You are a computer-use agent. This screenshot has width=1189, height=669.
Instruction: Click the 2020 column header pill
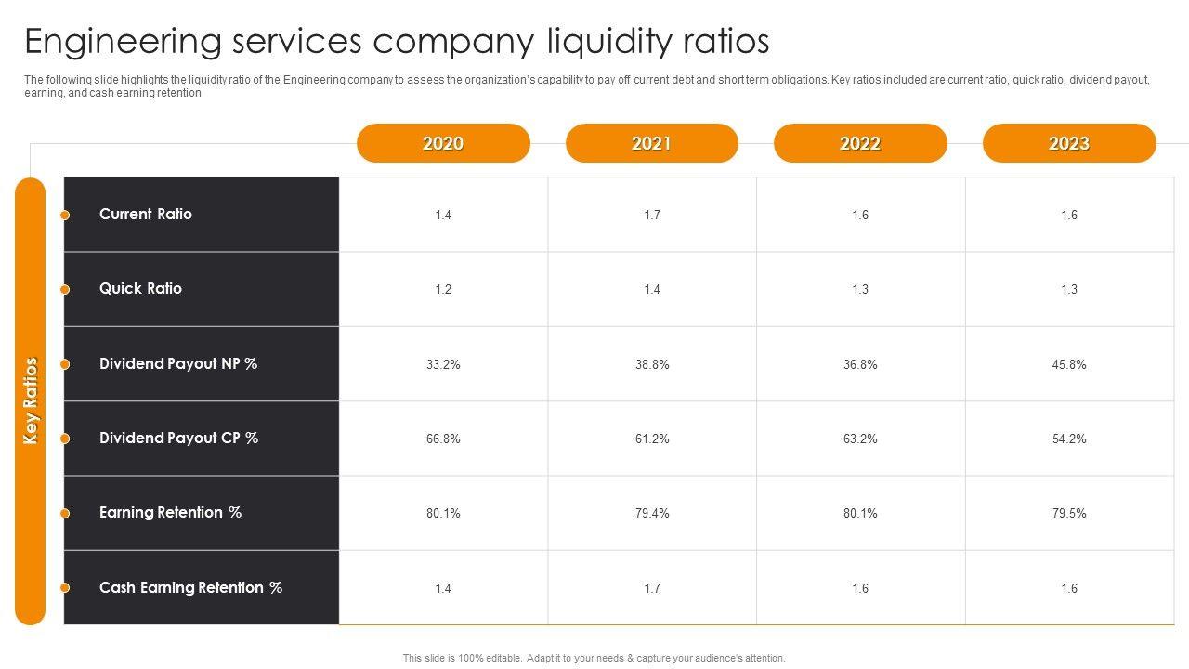[x=443, y=143]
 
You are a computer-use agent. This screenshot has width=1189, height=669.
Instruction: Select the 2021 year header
[x=651, y=143]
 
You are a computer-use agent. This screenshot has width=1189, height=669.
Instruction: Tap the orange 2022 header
[x=860, y=143]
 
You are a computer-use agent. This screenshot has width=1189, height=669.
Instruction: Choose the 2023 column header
[x=1068, y=143]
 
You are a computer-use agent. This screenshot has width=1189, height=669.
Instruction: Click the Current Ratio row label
[x=146, y=214]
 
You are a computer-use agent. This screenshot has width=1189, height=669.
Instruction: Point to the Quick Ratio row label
[x=140, y=288]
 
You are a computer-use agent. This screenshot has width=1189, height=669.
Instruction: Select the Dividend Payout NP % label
[x=178, y=363]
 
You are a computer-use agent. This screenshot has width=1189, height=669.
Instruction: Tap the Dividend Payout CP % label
[x=178, y=438]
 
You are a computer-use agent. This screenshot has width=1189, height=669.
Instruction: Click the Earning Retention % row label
[x=170, y=512]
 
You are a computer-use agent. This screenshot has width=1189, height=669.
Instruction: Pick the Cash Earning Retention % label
[x=190, y=587]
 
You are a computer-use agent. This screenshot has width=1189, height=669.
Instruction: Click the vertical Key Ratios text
[x=31, y=400]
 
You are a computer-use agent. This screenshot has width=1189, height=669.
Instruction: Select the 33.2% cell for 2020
[x=443, y=364]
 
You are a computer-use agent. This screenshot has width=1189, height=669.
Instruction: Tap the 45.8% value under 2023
[x=1069, y=364]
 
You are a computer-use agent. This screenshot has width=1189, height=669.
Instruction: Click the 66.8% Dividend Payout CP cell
[x=443, y=439]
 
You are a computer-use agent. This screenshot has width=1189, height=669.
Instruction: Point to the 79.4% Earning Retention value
[x=652, y=513]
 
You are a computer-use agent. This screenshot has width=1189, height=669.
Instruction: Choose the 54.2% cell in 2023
[x=1069, y=439]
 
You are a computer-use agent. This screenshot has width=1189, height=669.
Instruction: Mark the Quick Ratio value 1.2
[x=443, y=289]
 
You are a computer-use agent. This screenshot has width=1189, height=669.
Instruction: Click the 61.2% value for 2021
[x=652, y=439]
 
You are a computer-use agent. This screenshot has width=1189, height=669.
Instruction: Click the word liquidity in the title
[x=607, y=43]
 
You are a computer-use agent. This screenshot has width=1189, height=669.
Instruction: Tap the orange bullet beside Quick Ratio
[x=65, y=290]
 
